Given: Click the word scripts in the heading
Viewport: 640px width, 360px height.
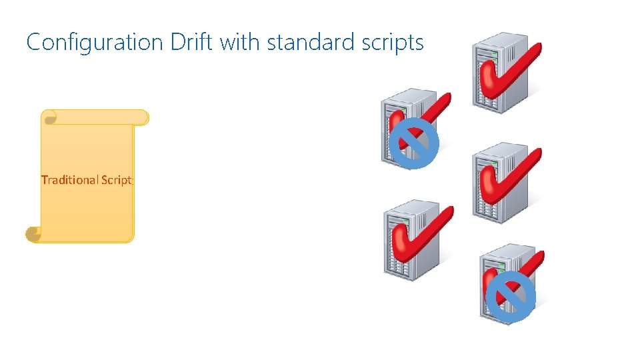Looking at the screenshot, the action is pyautogui.click(x=390, y=43).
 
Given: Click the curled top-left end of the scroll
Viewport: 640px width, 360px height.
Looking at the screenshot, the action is pyautogui.click(x=49, y=118).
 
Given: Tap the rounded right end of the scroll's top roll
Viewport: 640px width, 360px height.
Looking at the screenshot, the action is pyautogui.click(x=143, y=118).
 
